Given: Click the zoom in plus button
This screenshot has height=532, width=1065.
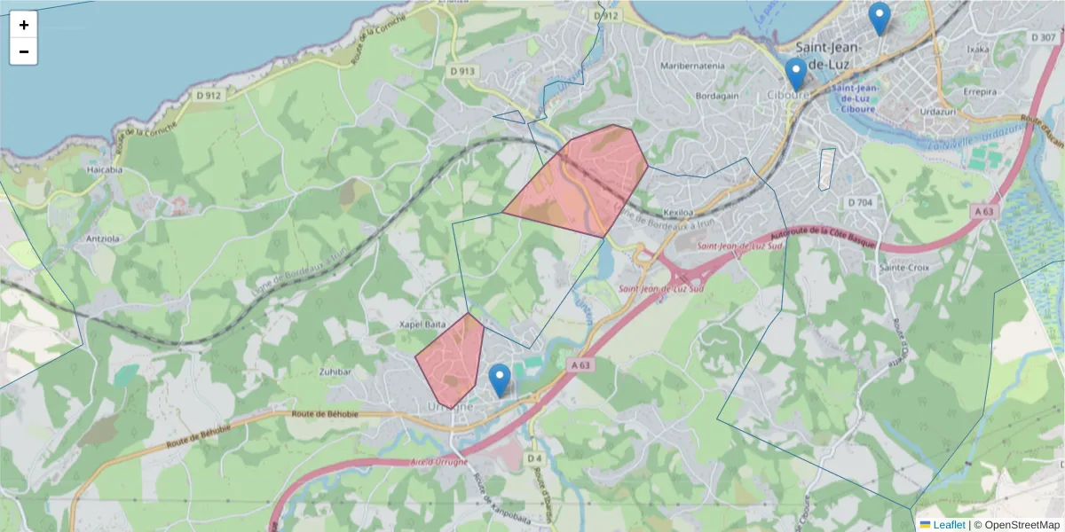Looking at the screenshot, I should (x=24, y=25).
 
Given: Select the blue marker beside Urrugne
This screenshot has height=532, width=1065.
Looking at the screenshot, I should (x=500, y=380).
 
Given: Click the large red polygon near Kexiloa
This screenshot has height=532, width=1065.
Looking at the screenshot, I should (x=581, y=182).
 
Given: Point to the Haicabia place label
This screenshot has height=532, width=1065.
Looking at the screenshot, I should (x=105, y=168).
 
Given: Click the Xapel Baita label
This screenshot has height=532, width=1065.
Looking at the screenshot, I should (x=422, y=325).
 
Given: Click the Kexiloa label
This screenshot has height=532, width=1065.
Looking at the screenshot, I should (x=676, y=213).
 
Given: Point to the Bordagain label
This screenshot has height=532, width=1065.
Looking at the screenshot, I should (x=693, y=95).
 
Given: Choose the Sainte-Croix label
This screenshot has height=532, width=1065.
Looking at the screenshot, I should (x=903, y=267).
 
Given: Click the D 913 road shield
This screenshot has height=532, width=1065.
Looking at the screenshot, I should (x=462, y=71).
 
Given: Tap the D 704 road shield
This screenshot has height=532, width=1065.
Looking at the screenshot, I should (x=860, y=202).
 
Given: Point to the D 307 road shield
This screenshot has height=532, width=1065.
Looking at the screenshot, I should (x=1044, y=37).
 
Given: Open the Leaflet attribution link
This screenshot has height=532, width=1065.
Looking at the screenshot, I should (x=948, y=525).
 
